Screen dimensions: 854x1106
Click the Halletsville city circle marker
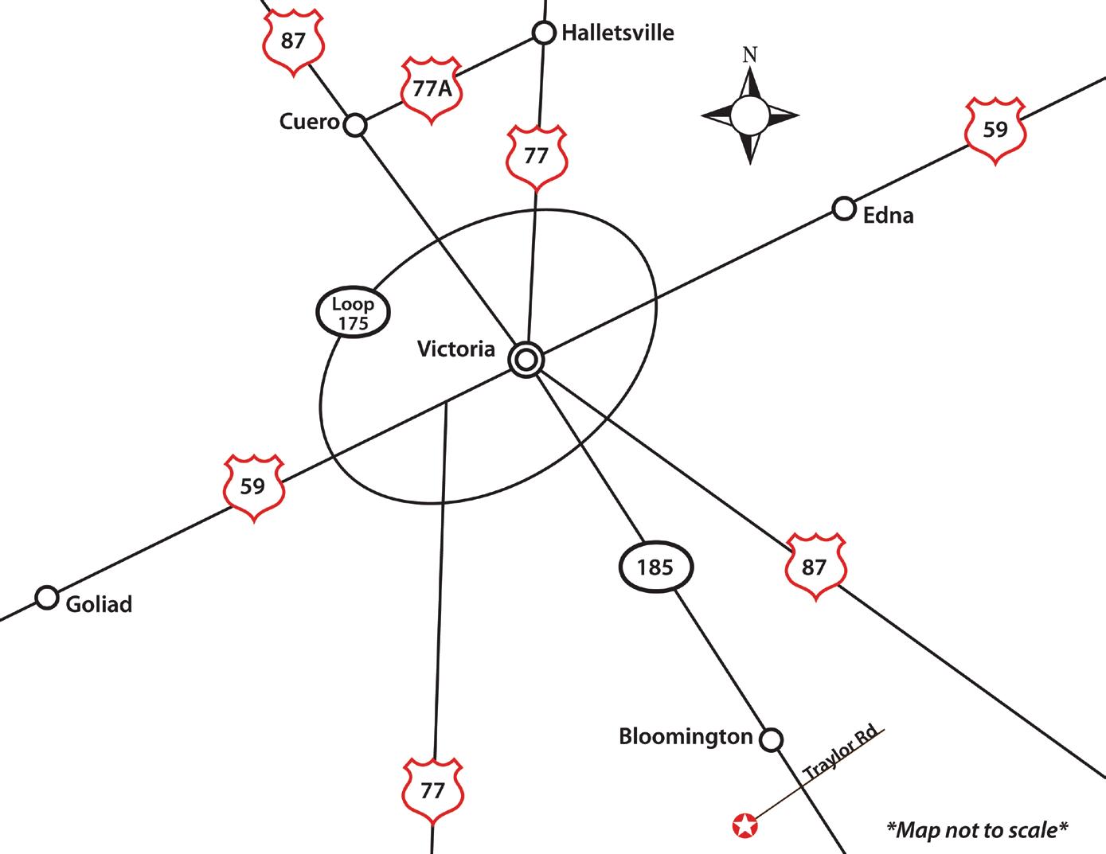[543, 33]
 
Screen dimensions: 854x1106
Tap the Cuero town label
[310, 122]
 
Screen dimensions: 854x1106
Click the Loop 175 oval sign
[353, 313]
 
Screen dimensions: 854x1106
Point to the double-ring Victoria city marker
[526, 361]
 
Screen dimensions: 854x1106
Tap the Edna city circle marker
[843, 209]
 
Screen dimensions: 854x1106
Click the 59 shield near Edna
[995, 130]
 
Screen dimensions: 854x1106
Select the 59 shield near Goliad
[252, 486]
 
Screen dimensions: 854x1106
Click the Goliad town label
[99, 604]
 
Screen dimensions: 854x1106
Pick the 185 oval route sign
[656, 567]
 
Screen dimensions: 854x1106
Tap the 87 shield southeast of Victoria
[815, 567]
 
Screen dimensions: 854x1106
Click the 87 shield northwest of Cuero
[293, 41]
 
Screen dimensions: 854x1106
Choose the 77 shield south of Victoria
[432, 791]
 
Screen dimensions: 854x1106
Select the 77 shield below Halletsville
[537, 157]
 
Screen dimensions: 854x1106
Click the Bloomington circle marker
[770, 739]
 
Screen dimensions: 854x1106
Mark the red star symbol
[745, 825]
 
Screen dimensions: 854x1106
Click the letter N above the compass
[749, 55]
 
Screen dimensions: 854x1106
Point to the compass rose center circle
[750, 116]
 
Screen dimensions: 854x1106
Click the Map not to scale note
[977, 830]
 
